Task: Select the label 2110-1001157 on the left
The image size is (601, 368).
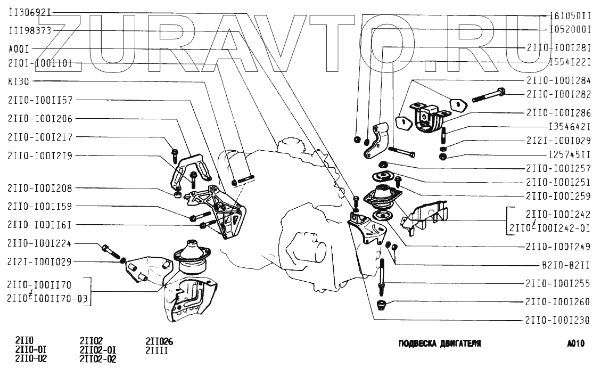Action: tap(40, 100)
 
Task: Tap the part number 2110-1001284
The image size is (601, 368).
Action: tap(558, 80)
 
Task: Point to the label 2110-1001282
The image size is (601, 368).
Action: tap(558, 94)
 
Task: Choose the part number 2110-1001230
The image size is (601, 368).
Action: tap(558, 321)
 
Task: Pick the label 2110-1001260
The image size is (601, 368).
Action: tap(558, 302)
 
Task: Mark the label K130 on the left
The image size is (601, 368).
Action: tap(19, 82)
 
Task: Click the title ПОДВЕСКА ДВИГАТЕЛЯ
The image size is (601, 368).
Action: tap(440, 344)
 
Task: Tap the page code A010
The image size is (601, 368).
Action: tap(576, 344)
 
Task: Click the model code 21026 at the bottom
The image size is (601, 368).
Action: tap(159, 341)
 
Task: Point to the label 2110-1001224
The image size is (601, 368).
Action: tap(40, 243)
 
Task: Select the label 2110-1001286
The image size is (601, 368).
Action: tap(558, 113)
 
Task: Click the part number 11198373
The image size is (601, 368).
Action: tap(30, 31)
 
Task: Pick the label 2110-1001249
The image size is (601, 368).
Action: tap(558, 247)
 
